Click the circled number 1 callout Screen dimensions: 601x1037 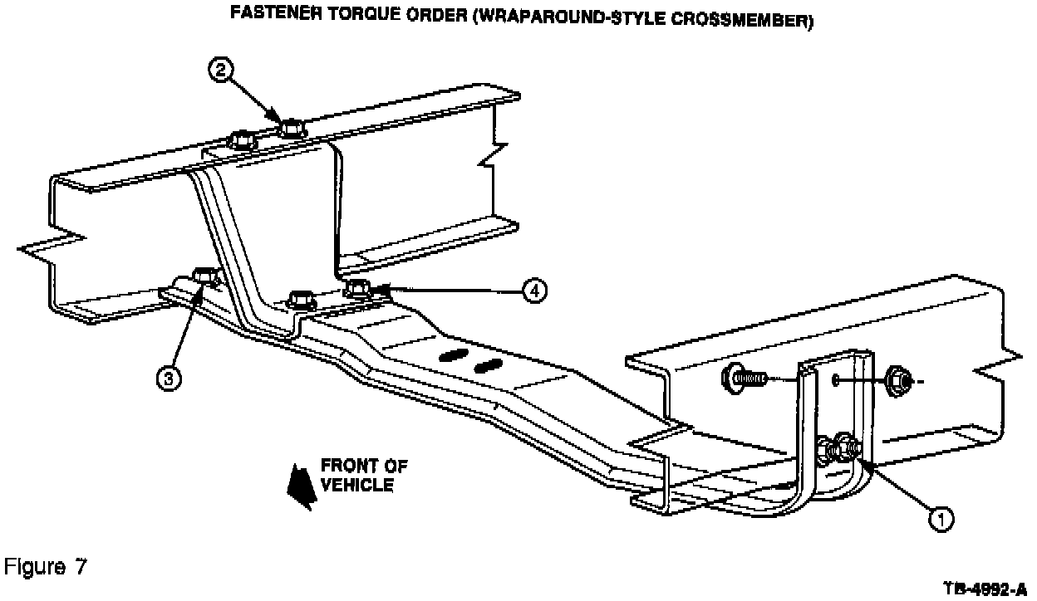click(941, 520)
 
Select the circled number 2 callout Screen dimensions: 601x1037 click(220, 71)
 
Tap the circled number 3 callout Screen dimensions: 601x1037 click(170, 379)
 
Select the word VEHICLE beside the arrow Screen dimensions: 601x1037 click(359, 485)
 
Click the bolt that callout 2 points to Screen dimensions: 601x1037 click(291, 129)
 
